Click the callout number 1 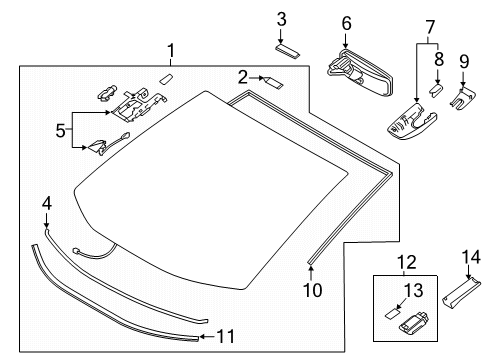coord(171,49)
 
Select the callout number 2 coord(243,77)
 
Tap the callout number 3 coord(282,19)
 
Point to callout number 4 coord(45,204)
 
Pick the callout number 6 coord(346,23)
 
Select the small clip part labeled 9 coord(463,95)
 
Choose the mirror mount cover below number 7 coord(411,123)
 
